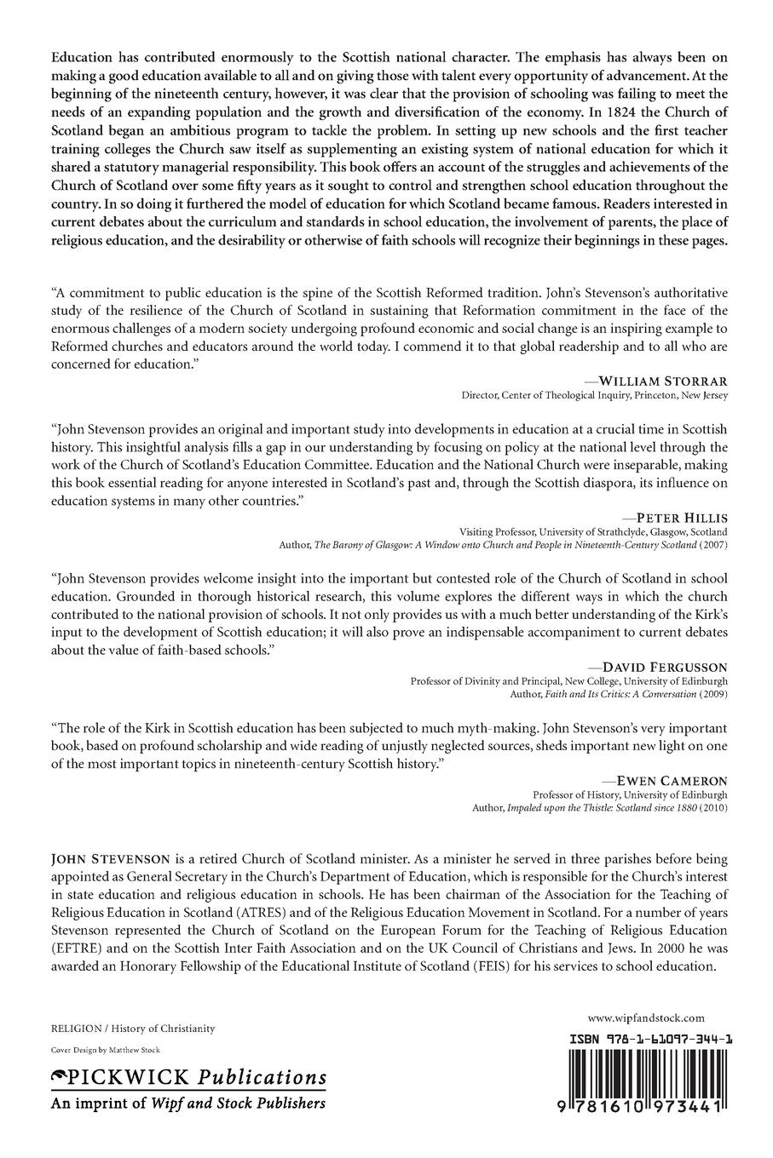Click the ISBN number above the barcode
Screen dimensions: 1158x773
pos(647,1040)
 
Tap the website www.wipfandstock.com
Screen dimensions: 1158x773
pos(646,1018)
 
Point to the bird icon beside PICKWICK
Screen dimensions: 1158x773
pos(59,1077)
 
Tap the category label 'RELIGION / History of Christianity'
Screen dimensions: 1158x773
pos(133,1029)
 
